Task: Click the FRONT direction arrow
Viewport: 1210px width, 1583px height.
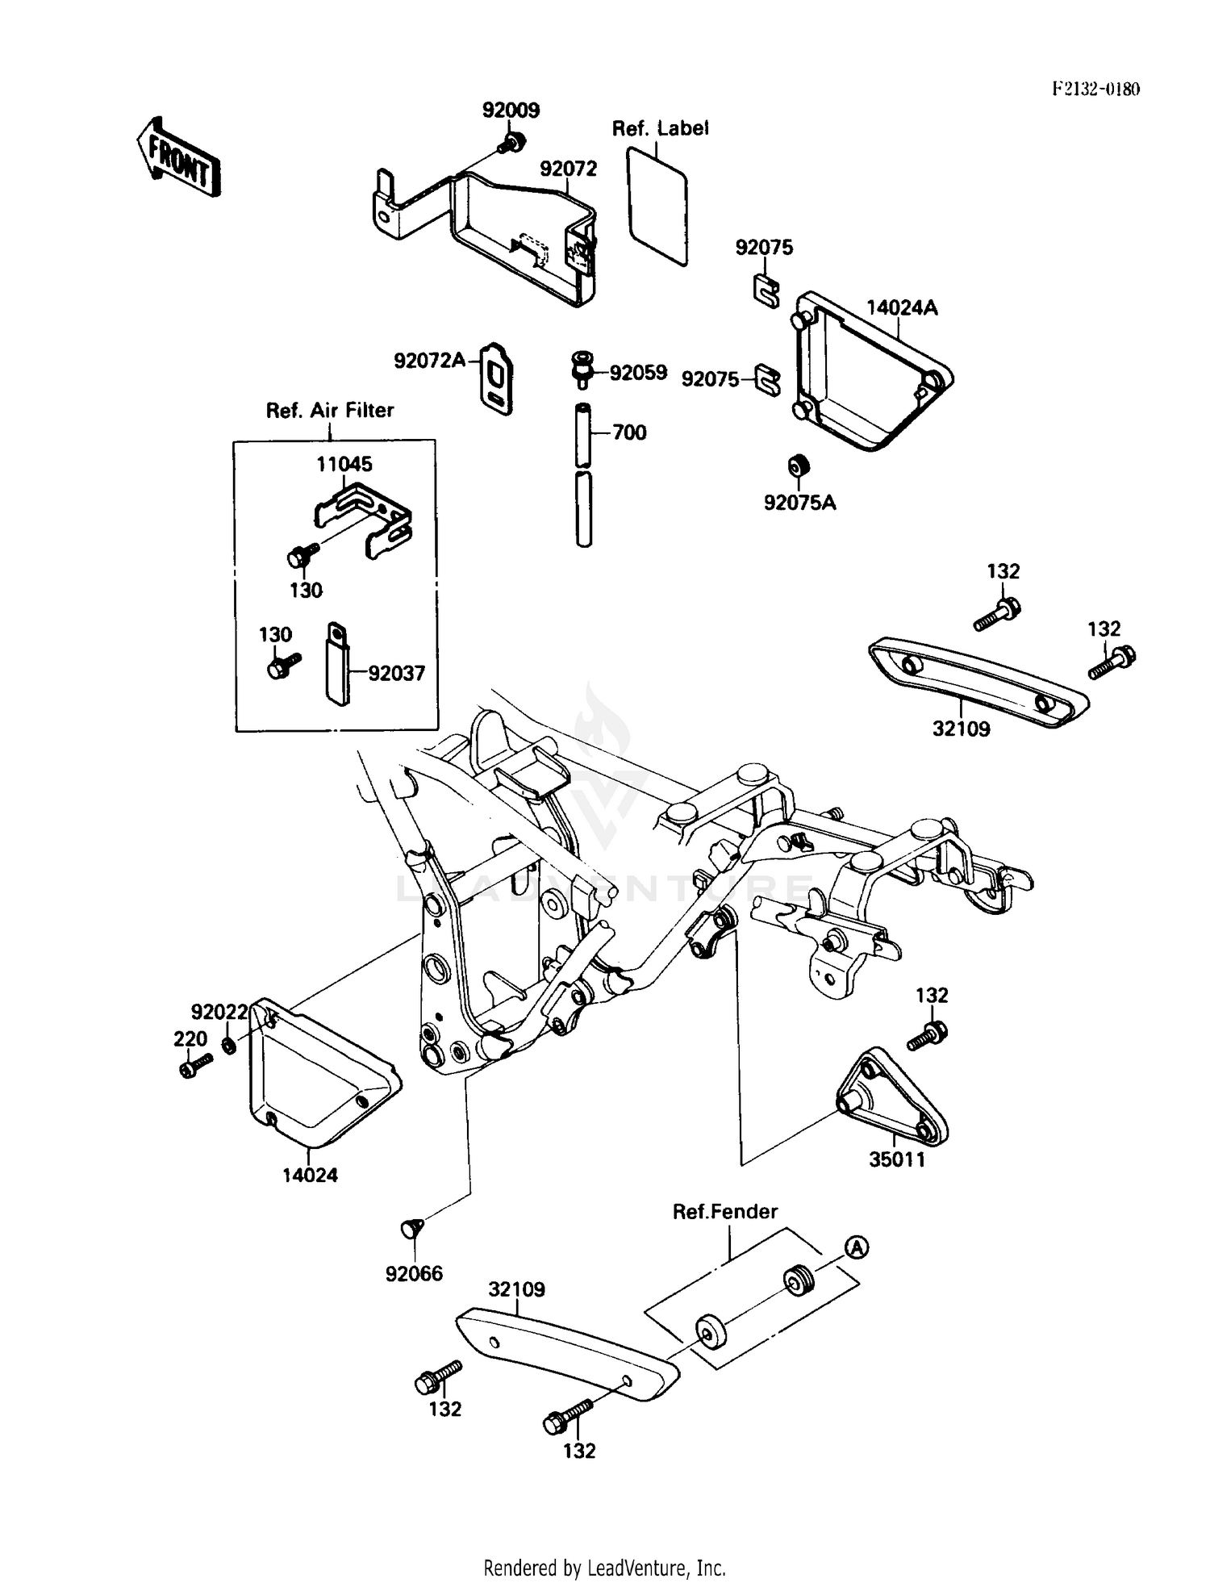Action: point(179,158)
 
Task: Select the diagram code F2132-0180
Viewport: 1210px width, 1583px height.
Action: point(1095,89)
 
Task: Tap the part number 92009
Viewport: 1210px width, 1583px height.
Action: point(511,110)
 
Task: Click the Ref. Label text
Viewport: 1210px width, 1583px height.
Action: point(660,128)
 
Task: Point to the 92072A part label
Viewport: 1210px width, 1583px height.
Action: point(429,361)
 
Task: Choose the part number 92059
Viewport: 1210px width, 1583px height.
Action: point(638,373)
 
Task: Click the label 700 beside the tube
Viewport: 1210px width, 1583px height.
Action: point(629,432)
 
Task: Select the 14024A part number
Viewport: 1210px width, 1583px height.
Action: point(902,307)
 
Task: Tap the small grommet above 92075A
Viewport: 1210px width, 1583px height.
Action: point(798,466)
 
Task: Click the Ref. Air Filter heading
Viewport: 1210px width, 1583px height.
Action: point(330,410)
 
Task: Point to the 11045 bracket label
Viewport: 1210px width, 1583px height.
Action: point(344,464)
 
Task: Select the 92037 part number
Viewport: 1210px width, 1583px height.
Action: point(396,673)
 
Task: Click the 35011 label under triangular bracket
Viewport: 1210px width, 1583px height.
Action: point(896,1159)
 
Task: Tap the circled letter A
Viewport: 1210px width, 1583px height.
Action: point(857,1247)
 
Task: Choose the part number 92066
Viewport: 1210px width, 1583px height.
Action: point(414,1274)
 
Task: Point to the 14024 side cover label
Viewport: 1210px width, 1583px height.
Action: point(310,1175)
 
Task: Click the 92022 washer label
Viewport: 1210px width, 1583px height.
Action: point(219,1012)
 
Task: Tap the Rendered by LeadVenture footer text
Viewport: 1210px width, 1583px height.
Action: point(604,1568)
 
